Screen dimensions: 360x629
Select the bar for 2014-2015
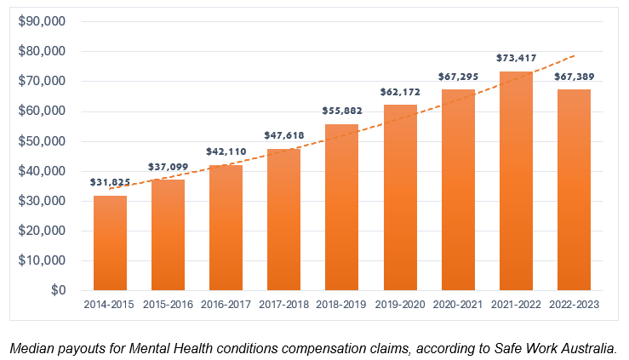(110, 243)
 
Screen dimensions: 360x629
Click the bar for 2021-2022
(516, 181)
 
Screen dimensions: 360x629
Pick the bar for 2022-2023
(574, 190)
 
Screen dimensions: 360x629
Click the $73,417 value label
(516, 59)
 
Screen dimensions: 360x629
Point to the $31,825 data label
(110, 182)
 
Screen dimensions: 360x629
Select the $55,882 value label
(342, 111)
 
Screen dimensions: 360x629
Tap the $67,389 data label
(574, 77)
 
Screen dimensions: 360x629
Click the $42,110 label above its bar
(226, 151)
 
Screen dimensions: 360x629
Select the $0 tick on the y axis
(56, 290)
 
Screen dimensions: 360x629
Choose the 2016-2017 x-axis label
(226, 305)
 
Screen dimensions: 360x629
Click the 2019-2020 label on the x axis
(400, 305)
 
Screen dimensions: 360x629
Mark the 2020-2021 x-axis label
(458, 305)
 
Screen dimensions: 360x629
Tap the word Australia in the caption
(585, 347)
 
